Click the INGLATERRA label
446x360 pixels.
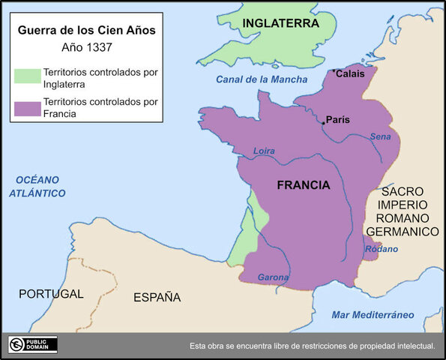click(x=281, y=24)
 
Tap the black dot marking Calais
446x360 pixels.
click(x=334, y=71)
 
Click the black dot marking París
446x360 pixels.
click(x=323, y=123)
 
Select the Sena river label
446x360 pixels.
click(x=380, y=136)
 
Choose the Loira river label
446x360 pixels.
click(x=264, y=151)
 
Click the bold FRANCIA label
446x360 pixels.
click(x=304, y=184)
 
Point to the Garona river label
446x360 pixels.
click(x=274, y=277)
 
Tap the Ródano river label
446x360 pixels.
click(x=382, y=249)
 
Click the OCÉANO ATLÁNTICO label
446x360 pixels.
click(x=37, y=186)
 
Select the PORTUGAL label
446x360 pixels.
click(x=51, y=294)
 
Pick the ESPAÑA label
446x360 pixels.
click(x=157, y=297)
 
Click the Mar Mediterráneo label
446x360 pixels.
click(x=373, y=314)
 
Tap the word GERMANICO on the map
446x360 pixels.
click(x=409, y=232)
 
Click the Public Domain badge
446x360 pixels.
click(x=33, y=344)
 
